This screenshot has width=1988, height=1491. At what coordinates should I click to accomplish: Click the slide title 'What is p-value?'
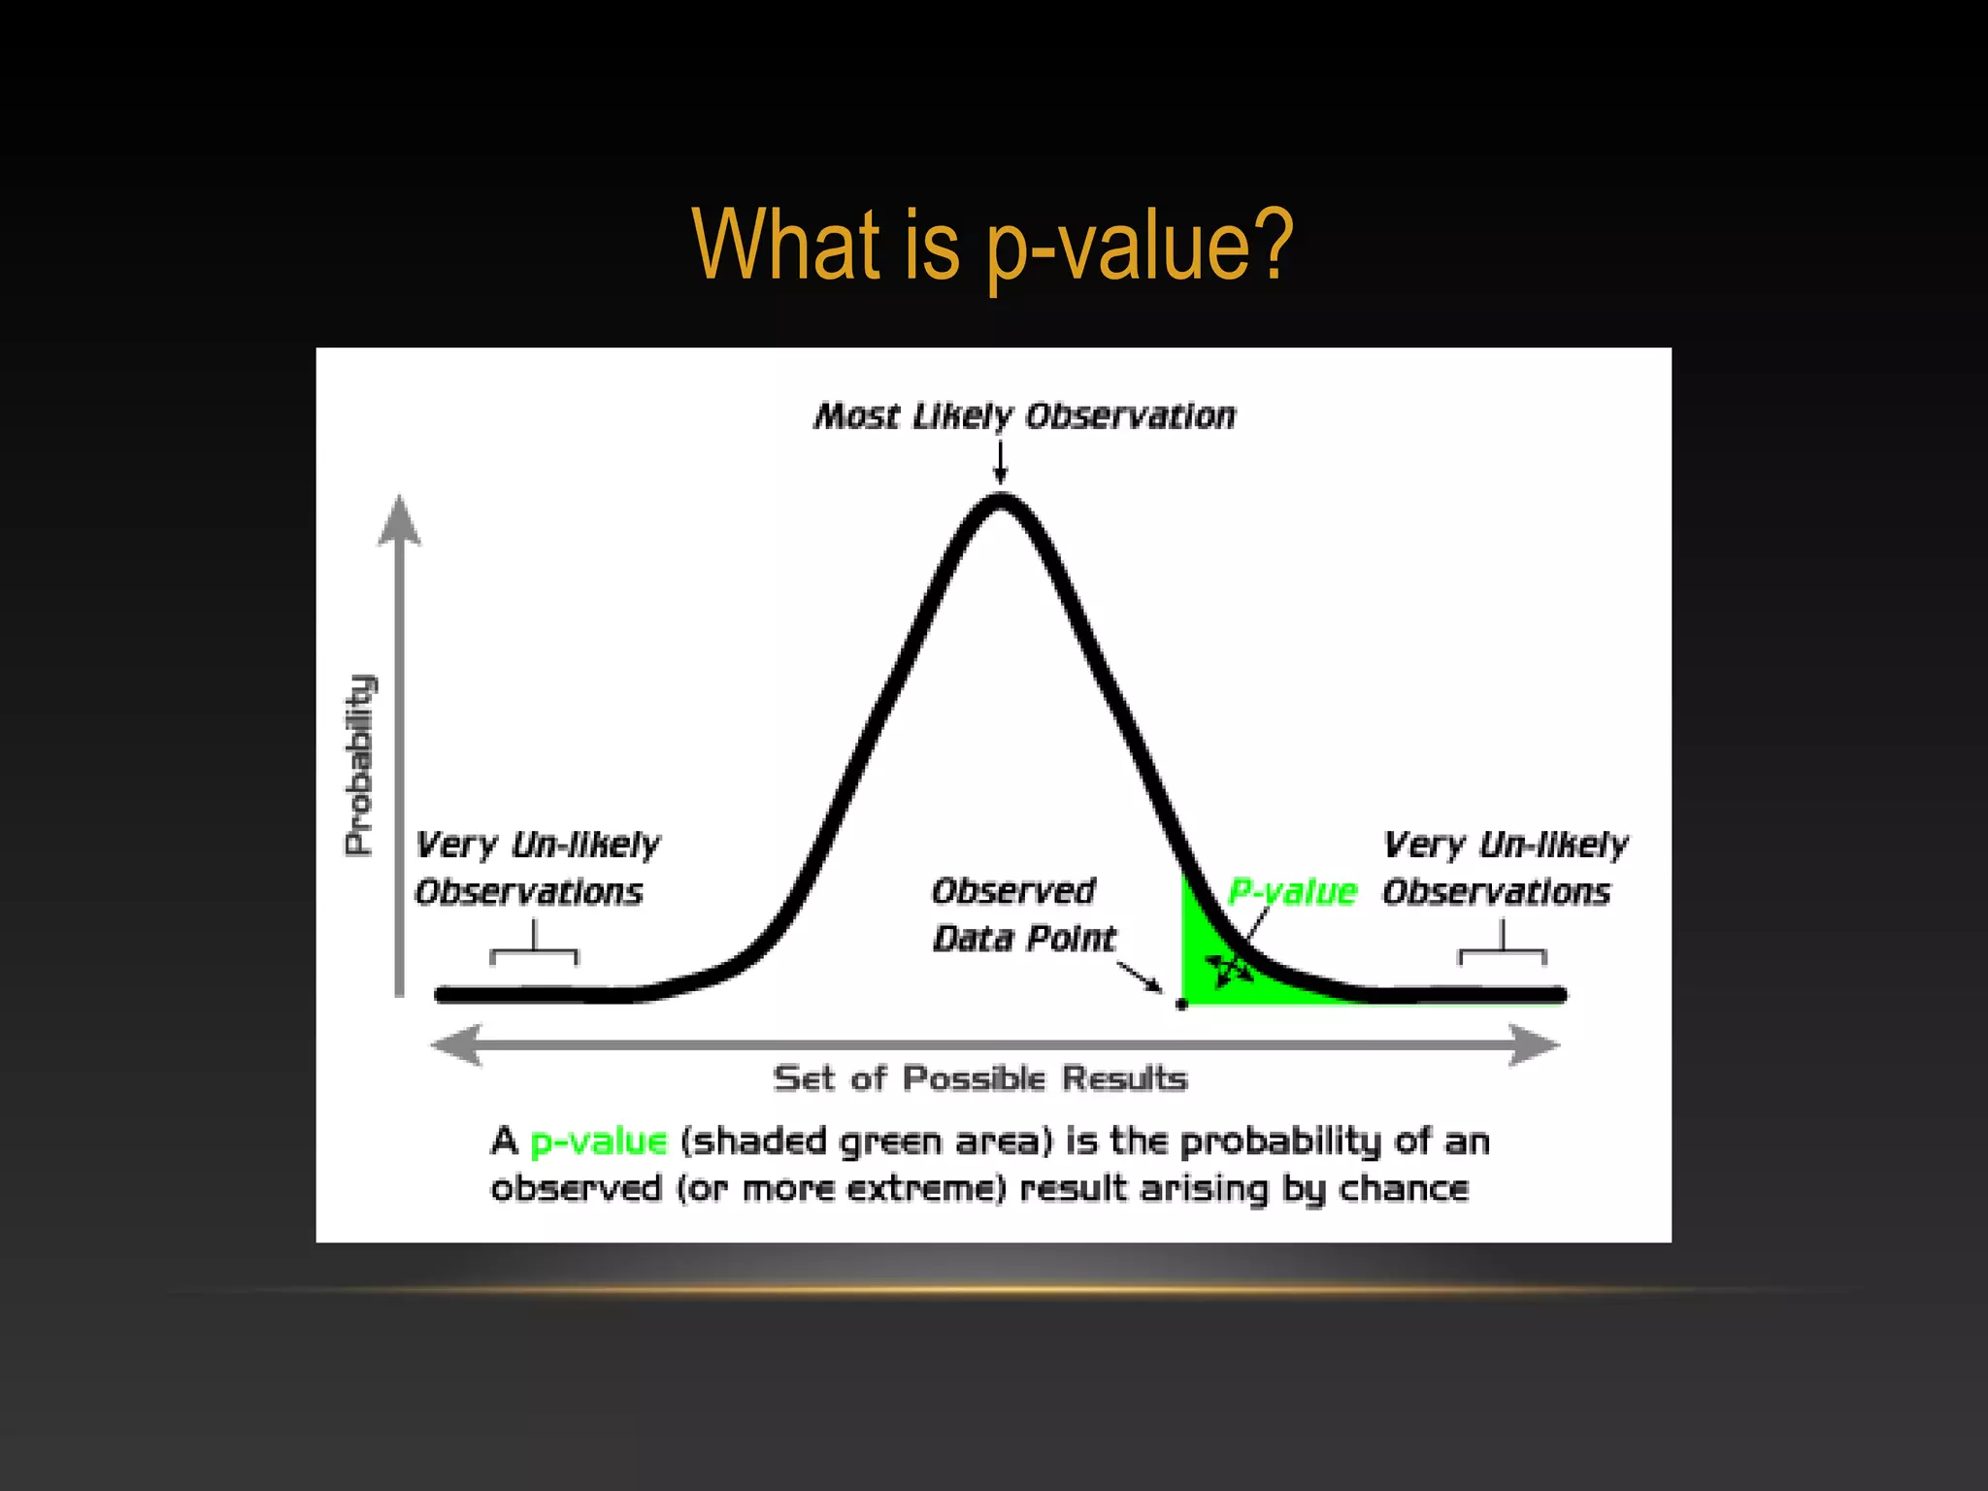click(992, 245)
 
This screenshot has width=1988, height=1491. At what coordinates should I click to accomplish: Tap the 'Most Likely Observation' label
click(1025, 416)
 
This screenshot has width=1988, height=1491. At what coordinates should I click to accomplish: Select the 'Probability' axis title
click(359, 765)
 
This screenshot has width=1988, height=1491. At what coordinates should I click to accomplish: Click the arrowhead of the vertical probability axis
click(399, 519)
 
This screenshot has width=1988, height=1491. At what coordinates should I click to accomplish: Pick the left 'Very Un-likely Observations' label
click(536, 868)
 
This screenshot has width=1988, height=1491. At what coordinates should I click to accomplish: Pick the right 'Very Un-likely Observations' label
click(1504, 868)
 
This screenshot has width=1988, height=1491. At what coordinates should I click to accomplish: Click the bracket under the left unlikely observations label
click(534, 951)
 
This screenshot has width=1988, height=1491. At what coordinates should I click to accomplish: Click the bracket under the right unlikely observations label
click(1502, 951)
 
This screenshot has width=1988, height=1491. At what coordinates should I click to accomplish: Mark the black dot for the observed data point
click(1181, 1005)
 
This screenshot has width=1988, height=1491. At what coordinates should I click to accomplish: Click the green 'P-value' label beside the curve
click(1292, 891)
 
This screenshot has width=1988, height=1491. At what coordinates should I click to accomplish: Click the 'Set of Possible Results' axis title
click(979, 1078)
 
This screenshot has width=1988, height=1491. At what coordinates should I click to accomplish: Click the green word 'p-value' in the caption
click(599, 1142)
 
